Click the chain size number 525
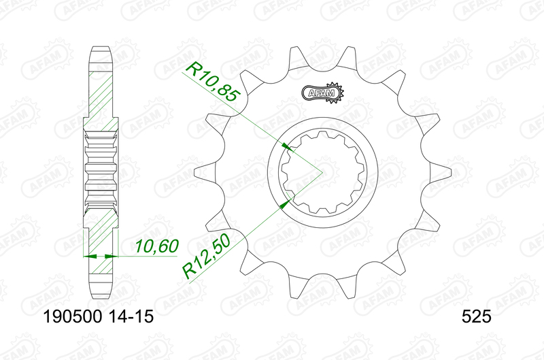click(476, 316)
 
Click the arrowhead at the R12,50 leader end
click(288, 201)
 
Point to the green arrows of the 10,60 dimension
click(101, 257)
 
